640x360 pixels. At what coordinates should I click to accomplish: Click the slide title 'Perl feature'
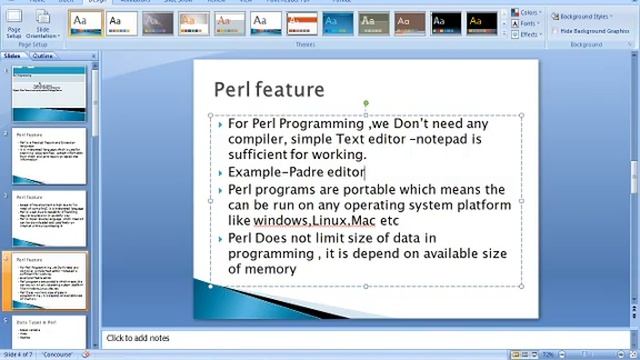coord(268,90)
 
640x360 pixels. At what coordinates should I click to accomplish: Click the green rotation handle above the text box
coord(366,103)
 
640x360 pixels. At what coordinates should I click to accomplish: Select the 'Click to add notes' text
coord(138,339)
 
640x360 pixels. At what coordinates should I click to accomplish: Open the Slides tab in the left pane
coord(13,56)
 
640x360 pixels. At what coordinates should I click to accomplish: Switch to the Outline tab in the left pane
coord(43,56)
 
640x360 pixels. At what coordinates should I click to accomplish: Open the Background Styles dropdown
coord(583,17)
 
